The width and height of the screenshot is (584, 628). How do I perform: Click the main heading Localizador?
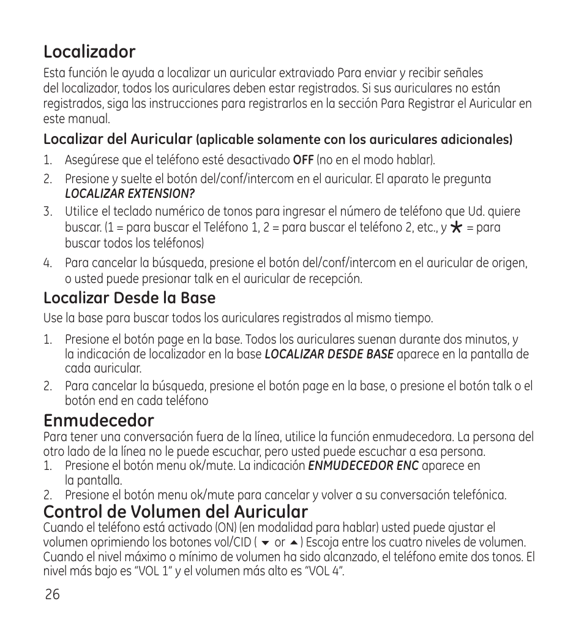89,51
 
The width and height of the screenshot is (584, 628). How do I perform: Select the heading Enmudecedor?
99,420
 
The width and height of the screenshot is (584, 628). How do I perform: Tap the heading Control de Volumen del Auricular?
175,511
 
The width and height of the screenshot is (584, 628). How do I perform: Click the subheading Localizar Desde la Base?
129,298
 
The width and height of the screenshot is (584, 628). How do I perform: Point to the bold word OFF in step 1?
303,161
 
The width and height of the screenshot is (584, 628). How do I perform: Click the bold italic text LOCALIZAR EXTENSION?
130,194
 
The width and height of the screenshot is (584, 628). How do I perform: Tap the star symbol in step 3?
455,227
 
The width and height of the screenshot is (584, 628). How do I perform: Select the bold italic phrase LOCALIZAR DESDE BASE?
329,354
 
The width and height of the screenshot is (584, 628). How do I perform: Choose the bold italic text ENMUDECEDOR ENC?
363,466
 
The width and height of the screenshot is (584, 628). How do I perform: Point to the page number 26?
52,595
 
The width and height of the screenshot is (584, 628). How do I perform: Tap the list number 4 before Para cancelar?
47,263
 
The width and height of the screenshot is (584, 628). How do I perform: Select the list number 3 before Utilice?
47,212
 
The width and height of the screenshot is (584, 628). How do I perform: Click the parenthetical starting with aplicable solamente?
354,140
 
